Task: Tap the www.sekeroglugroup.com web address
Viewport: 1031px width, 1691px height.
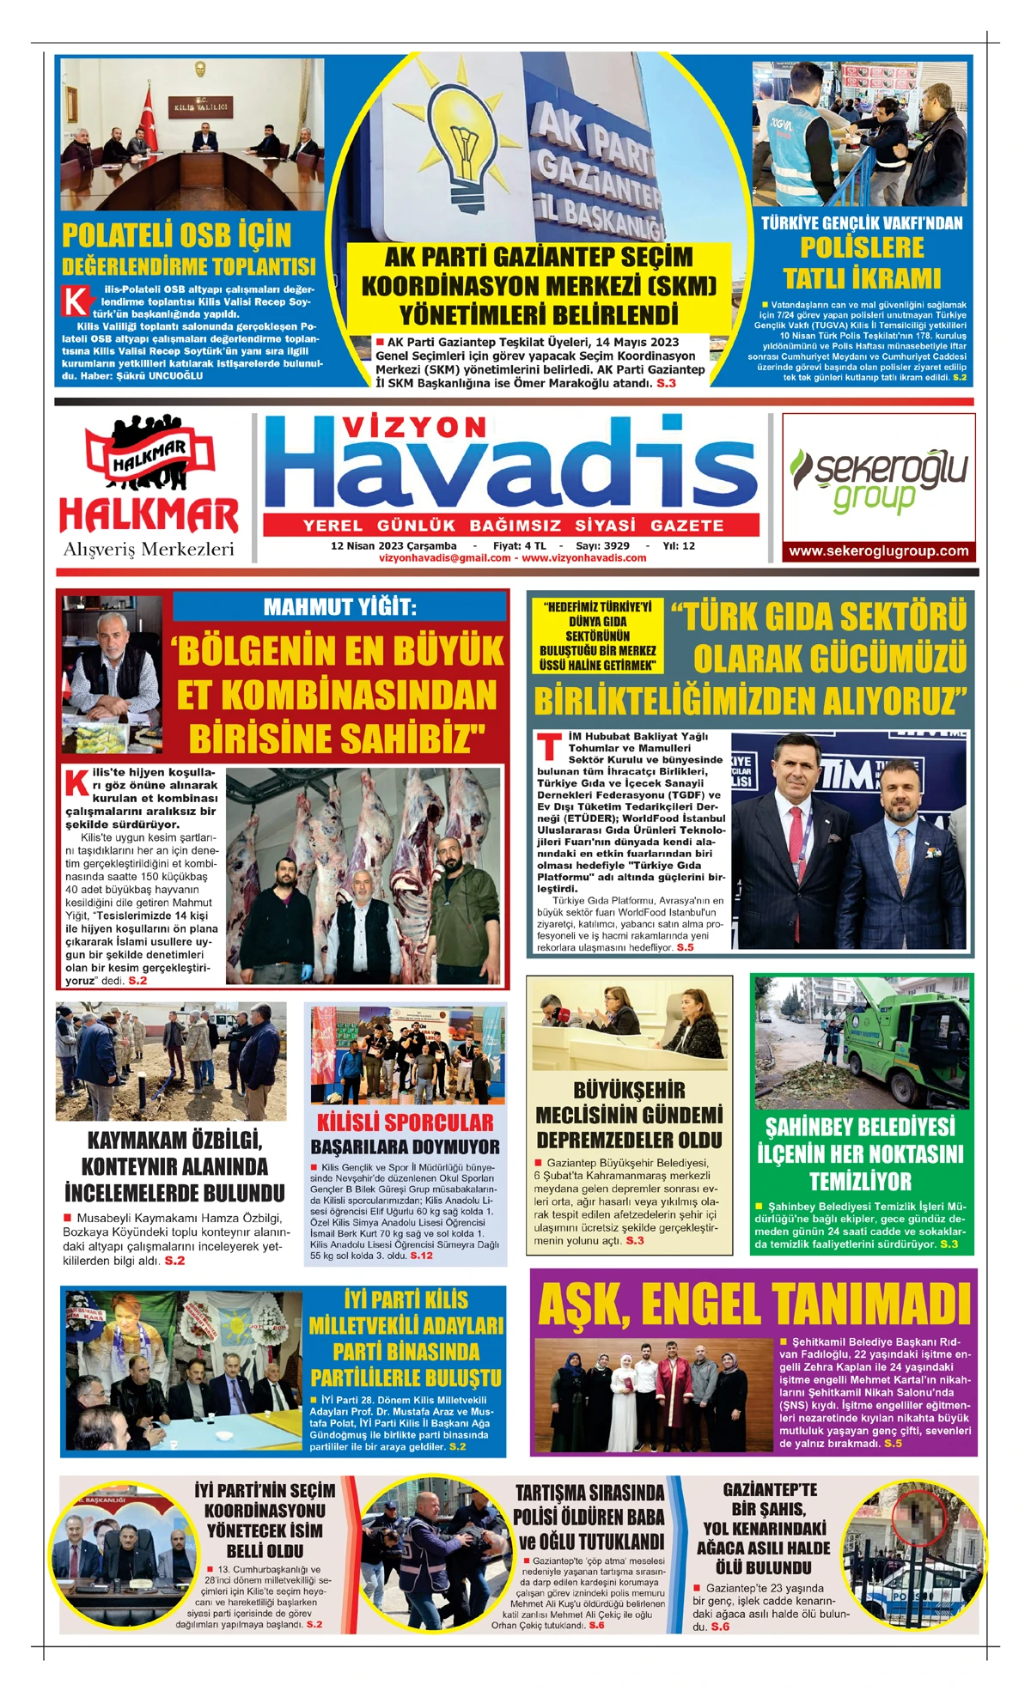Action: tap(878, 551)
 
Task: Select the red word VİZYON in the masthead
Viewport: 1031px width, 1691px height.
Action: tap(414, 427)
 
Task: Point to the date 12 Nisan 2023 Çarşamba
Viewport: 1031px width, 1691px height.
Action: tap(393, 545)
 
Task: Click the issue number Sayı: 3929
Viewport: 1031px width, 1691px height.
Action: tap(602, 545)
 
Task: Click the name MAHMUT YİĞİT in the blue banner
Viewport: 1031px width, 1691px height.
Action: tap(339, 607)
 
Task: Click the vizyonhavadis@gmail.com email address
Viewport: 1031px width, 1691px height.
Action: tap(444, 558)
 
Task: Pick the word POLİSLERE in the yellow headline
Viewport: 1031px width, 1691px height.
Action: tap(862, 248)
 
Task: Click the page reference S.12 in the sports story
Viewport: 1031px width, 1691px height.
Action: tap(421, 1256)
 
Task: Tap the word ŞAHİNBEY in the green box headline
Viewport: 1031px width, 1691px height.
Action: tap(814, 1127)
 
